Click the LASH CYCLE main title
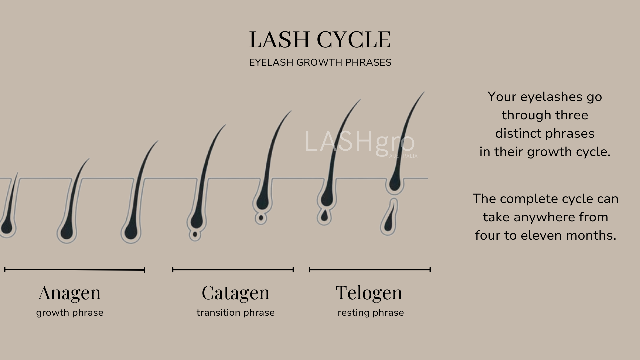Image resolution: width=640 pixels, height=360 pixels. pyautogui.click(x=320, y=40)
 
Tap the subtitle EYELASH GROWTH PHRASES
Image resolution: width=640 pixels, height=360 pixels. pyautogui.click(x=320, y=63)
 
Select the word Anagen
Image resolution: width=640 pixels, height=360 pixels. pyautogui.click(x=69, y=293)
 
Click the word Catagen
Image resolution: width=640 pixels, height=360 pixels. pyautogui.click(x=235, y=293)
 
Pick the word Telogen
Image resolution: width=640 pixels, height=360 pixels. pyautogui.click(x=369, y=293)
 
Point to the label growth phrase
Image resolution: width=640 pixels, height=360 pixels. pyautogui.click(x=70, y=313)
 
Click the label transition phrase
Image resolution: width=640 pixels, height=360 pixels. pyautogui.click(x=235, y=313)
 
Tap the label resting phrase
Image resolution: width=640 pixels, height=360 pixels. pyautogui.click(x=371, y=313)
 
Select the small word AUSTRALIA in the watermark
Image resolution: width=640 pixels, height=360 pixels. pyautogui.click(x=403, y=156)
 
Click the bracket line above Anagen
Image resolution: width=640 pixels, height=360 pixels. pyautogui.click(x=75, y=270)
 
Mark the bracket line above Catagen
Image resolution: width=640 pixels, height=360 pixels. pyautogui.click(x=233, y=270)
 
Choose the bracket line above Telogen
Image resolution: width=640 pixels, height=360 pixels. pyautogui.click(x=370, y=270)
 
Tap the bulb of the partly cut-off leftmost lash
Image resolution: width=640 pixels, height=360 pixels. pyautogui.click(x=7, y=228)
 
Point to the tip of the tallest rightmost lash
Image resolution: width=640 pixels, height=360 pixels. pyautogui.click(x=424, y=92)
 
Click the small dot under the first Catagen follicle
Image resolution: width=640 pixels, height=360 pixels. pyautogui.click(x=195, y=235)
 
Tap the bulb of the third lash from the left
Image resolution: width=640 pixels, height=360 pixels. pyautogui.click(x=131, y=232)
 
